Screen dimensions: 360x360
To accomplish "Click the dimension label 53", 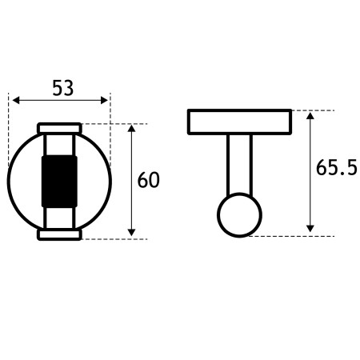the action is [x=63, y=88].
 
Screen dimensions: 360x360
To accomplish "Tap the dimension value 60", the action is [x=148, y=180].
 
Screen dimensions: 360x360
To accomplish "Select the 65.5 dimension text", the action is [x=337, y=167].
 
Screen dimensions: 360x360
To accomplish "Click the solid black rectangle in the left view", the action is [x=59, y=182].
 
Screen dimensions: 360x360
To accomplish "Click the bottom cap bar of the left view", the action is [x=59, y=234].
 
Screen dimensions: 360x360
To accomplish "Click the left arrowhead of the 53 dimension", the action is [x=16, y=101].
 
